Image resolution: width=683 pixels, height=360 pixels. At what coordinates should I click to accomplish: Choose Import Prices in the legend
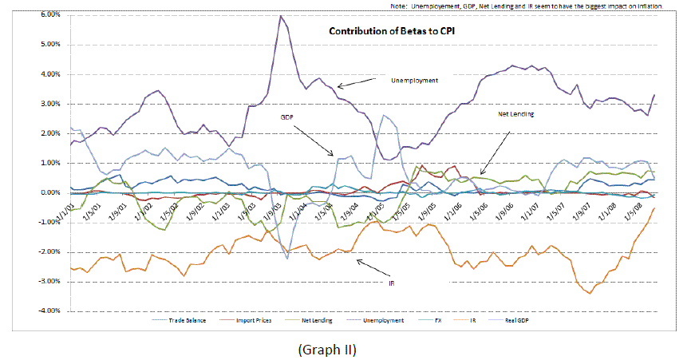tap(252, 319)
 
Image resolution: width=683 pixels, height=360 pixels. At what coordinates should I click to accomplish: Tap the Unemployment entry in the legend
tap(372, 319)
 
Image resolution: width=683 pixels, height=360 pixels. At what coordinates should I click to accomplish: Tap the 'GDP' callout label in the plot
tap(286, 117)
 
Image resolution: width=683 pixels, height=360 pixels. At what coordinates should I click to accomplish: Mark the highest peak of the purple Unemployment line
tap(280, 16)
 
